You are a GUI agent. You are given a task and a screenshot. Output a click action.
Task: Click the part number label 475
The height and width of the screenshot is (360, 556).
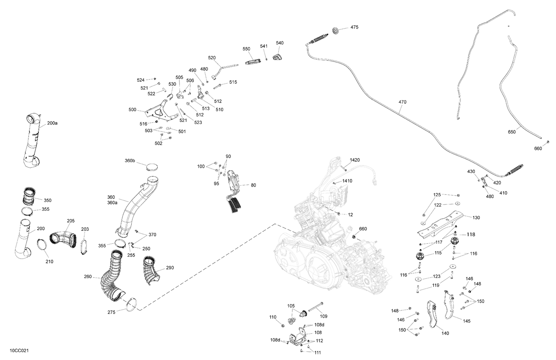354,27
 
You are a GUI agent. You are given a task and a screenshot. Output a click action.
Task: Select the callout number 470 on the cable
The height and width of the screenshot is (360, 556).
402,102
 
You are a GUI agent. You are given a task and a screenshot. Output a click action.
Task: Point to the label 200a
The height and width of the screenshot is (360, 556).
52,123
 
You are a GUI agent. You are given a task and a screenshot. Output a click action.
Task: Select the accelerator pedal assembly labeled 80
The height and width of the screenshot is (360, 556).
234,193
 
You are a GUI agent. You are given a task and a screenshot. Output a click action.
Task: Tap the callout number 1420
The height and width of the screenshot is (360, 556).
354,160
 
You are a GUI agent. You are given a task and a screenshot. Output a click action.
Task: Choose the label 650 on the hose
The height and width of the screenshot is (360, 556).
512,132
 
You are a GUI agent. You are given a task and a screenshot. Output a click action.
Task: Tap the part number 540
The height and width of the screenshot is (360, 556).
279,43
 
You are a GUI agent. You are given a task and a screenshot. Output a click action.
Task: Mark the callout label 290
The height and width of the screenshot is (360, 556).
170,268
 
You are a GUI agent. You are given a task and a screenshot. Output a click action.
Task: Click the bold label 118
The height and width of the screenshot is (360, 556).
470,234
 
